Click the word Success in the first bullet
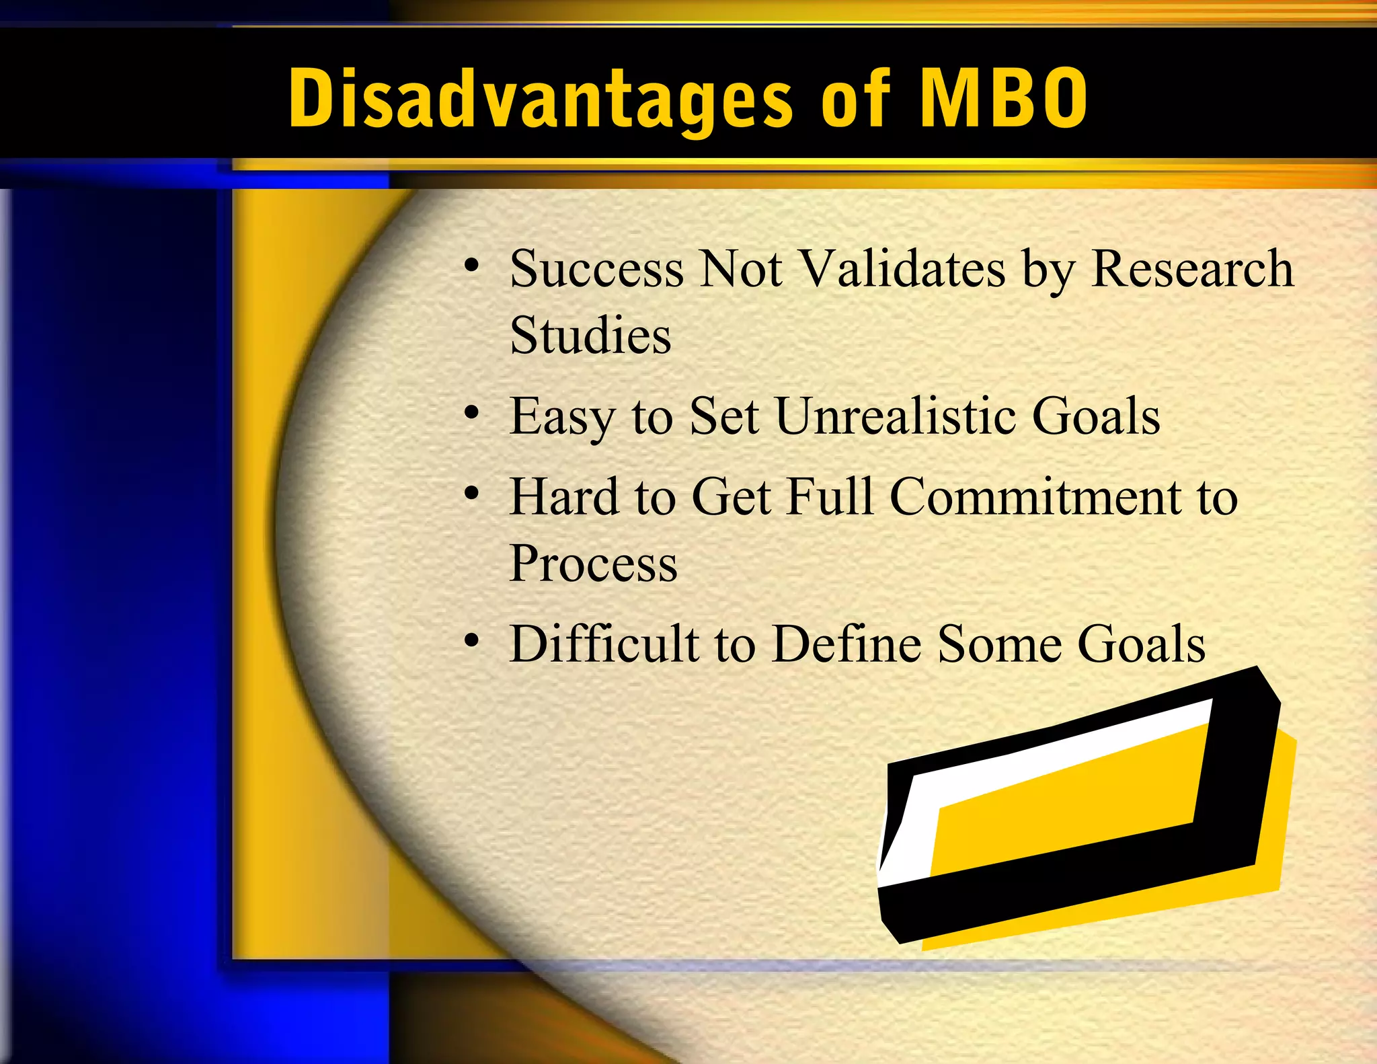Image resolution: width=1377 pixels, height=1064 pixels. coord(596,268)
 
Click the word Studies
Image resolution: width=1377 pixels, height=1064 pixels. coord(590,335)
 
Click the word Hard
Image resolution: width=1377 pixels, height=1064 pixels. coord(563,496)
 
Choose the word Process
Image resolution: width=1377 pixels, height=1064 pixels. coord(593,563)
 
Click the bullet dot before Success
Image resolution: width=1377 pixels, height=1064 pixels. coord(472,264)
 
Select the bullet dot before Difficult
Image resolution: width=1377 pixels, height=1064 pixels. coord(472,640)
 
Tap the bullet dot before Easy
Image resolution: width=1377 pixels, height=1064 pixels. coord(472,412)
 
